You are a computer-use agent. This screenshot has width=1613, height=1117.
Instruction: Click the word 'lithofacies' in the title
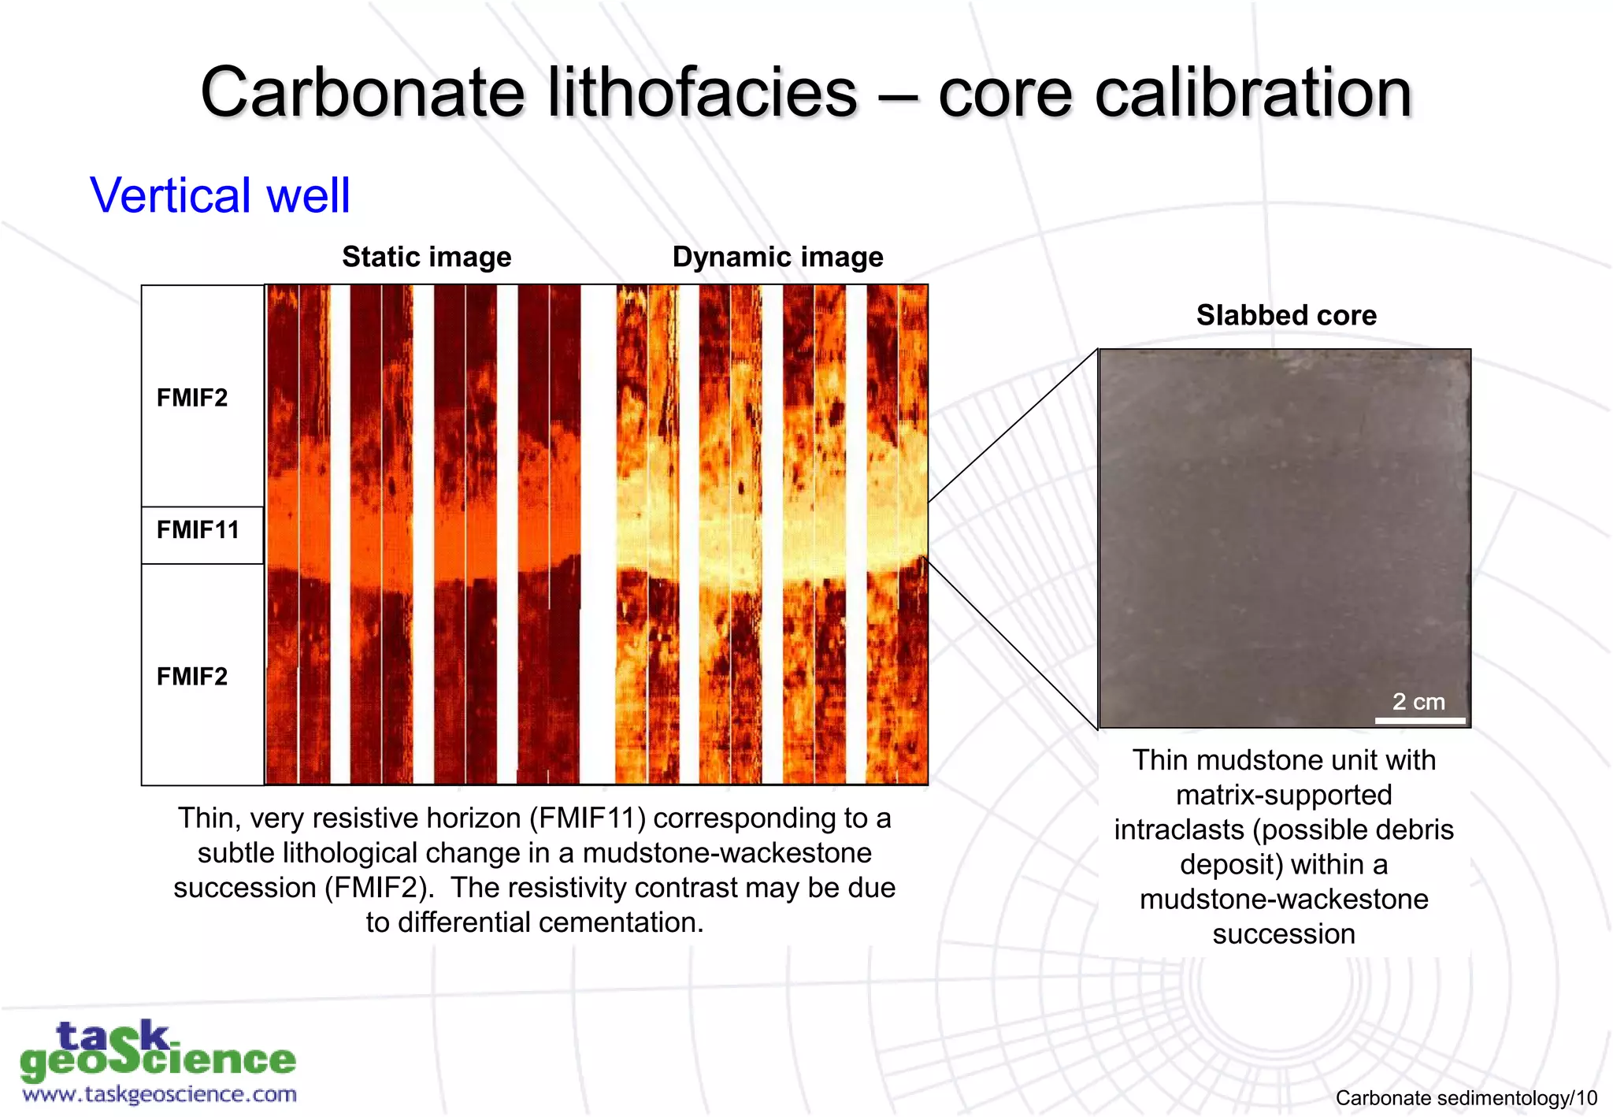point(702,93)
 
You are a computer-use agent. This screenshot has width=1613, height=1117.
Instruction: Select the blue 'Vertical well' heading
point(220,195)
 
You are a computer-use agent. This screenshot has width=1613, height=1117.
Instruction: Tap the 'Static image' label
point(426,257)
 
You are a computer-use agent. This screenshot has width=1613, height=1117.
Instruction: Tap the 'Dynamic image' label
point(777,257)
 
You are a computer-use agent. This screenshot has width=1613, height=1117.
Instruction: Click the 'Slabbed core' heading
point(1285,315)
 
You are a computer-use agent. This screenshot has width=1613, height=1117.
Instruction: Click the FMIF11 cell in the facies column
point(198,530)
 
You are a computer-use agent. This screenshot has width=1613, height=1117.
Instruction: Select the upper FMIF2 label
point(191,398)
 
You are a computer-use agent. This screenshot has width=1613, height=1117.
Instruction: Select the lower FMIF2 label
point(191,677)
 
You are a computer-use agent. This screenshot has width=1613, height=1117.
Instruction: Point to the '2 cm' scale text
point(1418,701)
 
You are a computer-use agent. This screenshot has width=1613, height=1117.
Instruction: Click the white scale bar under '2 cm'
point(1419,720)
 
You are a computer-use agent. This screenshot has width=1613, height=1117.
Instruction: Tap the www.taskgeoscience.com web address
point(159,1094)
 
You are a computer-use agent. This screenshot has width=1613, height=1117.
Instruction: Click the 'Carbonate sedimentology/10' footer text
point(1466,1097)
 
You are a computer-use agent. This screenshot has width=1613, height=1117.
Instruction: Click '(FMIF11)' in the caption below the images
point(587,818)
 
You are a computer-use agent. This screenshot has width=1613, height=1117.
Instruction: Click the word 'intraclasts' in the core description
point(1179,829)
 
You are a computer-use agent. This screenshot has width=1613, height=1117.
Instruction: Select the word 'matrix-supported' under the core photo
point(1283,795)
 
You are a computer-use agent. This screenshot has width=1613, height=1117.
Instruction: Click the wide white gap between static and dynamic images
point(598,536)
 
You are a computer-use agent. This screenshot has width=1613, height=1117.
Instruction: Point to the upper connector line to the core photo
point(1012,426)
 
